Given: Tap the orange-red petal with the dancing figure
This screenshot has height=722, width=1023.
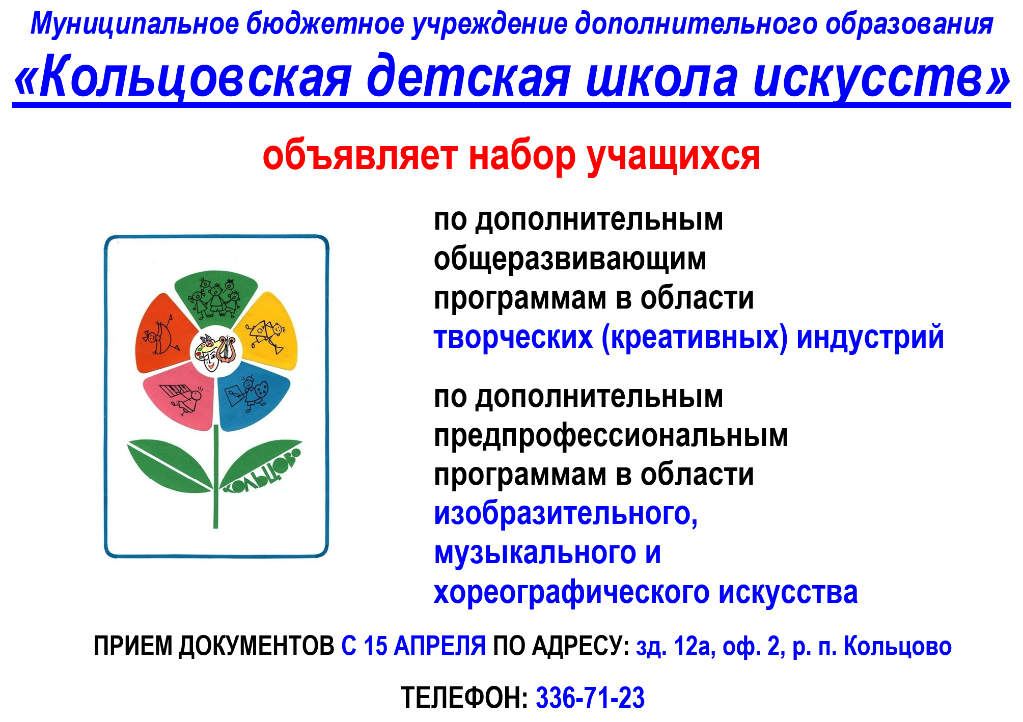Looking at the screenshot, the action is coord(162,334).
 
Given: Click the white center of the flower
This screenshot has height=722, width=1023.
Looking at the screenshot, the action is coord(216,352).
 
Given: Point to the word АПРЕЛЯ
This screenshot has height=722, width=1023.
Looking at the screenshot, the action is coord(440,646).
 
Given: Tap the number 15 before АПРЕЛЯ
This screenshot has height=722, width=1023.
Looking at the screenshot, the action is coord(375,646).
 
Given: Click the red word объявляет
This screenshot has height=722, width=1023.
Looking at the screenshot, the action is coord(360,156).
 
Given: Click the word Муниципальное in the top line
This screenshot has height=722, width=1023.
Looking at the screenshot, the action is coord(135,24).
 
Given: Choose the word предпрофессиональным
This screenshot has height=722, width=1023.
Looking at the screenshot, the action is coord(611,436).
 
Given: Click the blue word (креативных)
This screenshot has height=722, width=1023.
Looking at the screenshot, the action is coord(695,337).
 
